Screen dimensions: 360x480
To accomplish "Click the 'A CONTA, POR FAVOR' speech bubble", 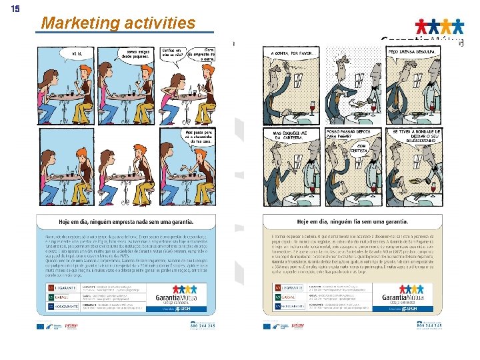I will point(292,52).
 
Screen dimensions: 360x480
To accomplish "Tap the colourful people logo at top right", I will point(439,27).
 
